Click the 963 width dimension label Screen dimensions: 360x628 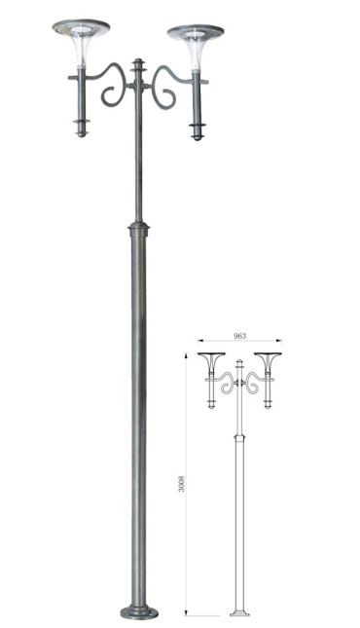(239, 336)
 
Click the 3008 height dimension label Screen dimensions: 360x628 (182, 484)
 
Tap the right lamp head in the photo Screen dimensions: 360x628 (196, 47)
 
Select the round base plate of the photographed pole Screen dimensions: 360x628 (139, 612)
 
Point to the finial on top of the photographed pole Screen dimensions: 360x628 (138, 65)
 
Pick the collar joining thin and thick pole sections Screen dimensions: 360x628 (138, 228)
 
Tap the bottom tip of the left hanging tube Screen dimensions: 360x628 (82, 135)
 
